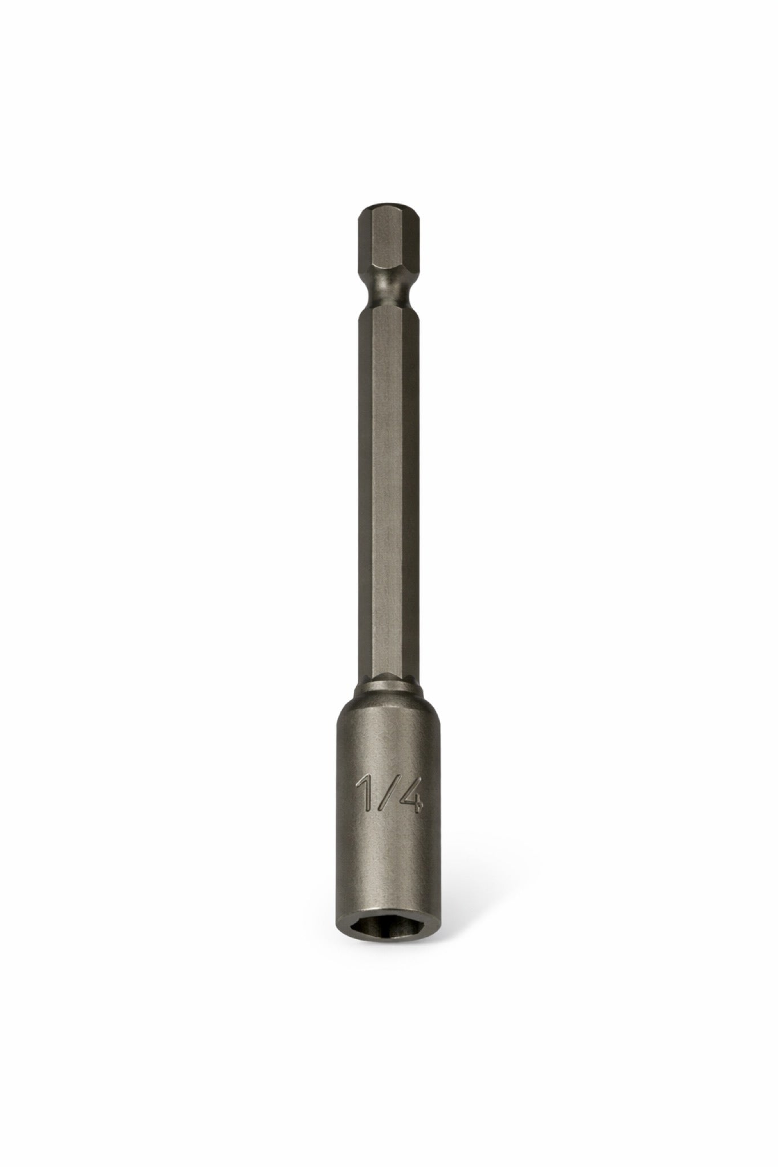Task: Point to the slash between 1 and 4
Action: (x=386, y=791)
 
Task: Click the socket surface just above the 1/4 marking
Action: (x=388, y=746)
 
